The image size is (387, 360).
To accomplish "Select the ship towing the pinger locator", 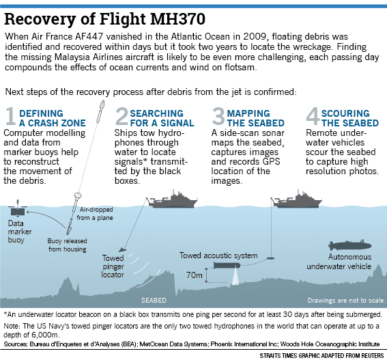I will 169,199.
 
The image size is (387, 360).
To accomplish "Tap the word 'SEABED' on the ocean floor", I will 153,300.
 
